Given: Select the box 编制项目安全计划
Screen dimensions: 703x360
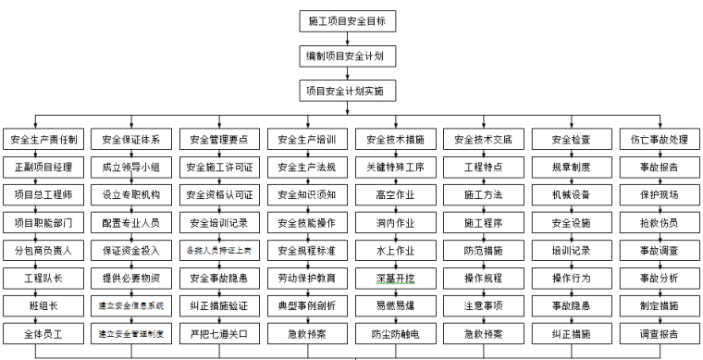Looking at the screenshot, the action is click(x=351, y=56).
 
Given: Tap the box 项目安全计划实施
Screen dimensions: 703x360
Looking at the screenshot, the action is click(x=351, y=91).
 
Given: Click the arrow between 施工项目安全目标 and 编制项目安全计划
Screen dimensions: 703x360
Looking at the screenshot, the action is click(x=351, y=38).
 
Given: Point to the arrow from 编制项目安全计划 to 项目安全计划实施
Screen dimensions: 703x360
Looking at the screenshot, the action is click(x=351, y=73).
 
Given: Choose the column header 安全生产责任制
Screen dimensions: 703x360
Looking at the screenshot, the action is click(x=43, y=140).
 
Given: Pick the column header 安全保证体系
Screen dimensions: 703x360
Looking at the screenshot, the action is click(x=130, y=140).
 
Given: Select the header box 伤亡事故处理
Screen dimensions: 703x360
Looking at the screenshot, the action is click(x=658, y=140).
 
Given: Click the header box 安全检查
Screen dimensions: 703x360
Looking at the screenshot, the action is click(x=570, y=140).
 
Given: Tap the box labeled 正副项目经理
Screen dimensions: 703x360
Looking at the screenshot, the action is click(x=43, y=168).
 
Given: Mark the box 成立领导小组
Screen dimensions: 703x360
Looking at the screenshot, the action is click(x=130, y=168).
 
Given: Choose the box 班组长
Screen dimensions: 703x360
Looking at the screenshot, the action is click(x=43, y=304).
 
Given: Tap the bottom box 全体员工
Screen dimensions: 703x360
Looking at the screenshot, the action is click(x=43, y=332).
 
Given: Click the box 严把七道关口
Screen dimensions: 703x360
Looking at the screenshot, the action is click(x=218, y=332).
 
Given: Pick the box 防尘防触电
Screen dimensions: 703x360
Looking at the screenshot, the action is click(x=394, y=332).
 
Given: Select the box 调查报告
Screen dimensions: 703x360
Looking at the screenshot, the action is click(x=658, y=332).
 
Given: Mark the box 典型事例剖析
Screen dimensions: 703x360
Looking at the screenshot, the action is click(x=306, y=304).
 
